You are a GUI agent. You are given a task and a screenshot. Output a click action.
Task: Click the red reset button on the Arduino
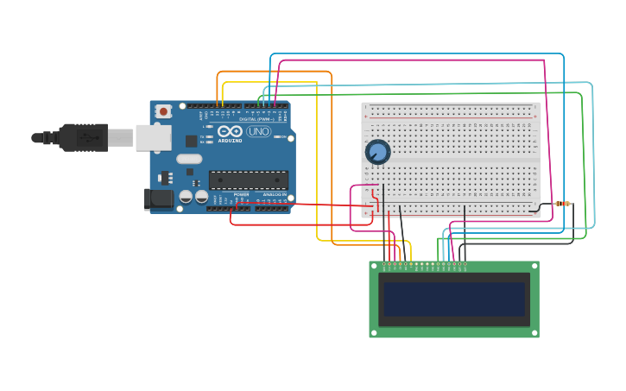click(x=163, y=111)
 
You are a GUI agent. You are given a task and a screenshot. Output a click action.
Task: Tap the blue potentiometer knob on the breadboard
click(x=377, y=153)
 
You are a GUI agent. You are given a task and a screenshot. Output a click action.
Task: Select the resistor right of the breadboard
click(x=562, y=204)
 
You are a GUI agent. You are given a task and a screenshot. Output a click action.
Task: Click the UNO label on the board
click(x=258, y=132)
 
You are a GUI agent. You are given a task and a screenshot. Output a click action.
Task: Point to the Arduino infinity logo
click(x=230, y=132)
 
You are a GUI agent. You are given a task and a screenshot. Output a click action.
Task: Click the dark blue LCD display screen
click(x=454, y=299)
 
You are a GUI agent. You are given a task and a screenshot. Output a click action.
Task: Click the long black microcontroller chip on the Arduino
click(x=249, y=180)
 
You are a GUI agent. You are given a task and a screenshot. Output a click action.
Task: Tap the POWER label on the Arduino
click(x=241, y=195)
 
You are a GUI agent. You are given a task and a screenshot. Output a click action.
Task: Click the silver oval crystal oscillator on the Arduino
click(x=189, y=159)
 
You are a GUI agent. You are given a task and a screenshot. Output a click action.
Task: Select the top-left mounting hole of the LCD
click(x=374, y=266)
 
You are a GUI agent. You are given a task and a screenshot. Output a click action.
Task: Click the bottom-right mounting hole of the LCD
click(x=534, y=332)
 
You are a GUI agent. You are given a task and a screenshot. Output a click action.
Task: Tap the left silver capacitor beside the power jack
click(x=186, y=197)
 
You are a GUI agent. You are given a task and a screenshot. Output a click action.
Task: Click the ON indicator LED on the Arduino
click(x=278, y=136)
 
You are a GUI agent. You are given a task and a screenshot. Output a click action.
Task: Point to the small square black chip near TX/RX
click(x=191, y=140)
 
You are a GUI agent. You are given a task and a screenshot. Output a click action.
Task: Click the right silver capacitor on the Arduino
click(x=201, y=197)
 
